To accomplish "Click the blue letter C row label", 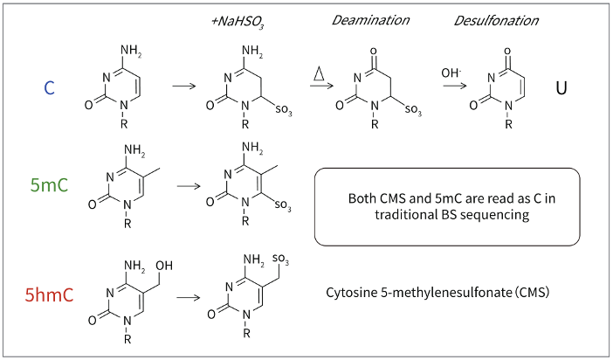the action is [x=49, y=87].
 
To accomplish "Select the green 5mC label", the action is [x=49, y=184].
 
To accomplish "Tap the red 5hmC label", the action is [x=49, y=294].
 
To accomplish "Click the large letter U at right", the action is [x=561, y=88].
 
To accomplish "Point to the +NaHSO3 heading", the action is [x=238, y=22].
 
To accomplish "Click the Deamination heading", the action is [x=370, y=20].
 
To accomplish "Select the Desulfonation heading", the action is [x=496, y=20].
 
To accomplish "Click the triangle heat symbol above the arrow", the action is [x=319, y=73].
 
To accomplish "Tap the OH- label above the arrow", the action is [x=451, y=73].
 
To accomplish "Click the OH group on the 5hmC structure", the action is [x=164, y=266].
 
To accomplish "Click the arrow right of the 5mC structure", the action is [x=189, y=185].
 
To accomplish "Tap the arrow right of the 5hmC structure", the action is [x=188, y=297].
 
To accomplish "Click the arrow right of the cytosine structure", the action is [x=184, y=86].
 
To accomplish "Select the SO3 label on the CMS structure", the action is [x=280, y=260].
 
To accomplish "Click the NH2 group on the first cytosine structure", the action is [x=131, y=51].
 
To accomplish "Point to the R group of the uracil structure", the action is [x=508, y=124].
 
